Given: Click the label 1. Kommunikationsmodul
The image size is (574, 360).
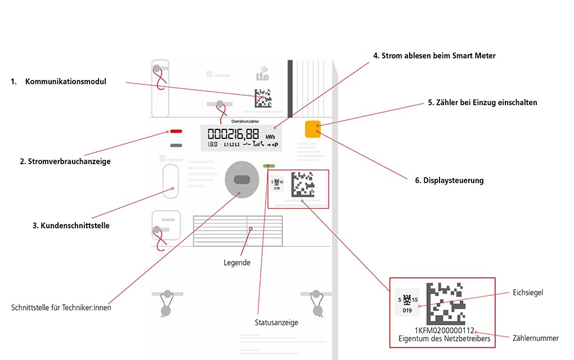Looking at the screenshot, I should tap(59, 82).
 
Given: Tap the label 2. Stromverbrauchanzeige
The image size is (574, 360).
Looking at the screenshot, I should tap(65, 161).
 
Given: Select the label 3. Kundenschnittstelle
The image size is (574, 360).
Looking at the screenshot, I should tap(71, 226).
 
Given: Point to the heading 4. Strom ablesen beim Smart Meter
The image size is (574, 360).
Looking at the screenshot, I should tap(434, 56).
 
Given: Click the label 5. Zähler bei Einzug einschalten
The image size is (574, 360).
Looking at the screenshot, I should tap(482, 102).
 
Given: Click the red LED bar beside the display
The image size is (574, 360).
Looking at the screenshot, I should tap(176, 132).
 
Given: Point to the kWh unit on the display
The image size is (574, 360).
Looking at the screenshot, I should tap(271, 136).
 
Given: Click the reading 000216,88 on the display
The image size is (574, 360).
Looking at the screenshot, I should tap(234, 134).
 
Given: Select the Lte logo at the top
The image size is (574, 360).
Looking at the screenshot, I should tap(262, 76).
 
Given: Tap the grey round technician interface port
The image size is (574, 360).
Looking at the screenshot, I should tap(241, 179).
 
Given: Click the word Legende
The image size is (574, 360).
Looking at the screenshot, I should tap(237, 262).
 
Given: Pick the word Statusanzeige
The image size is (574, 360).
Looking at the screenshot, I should tap(276, 322).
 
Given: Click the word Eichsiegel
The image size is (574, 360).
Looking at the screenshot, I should tap(527, 293).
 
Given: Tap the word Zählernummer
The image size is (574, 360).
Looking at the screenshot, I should tap(536, 338).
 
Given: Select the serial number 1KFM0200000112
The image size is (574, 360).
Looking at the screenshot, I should tap(445, 331).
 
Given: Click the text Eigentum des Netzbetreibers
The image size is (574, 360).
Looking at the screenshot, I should tap(444, 339).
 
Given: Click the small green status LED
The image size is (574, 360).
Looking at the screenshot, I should tap(269, 166).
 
